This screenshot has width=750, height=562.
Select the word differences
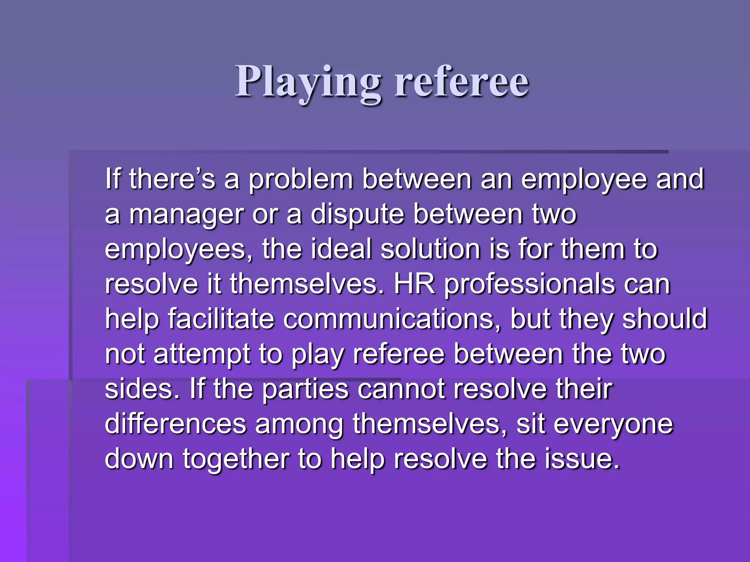point(175,424)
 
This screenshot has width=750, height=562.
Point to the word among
point(299,425)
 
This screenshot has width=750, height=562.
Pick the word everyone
point(613,425)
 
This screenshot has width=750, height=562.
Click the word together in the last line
point(236,460)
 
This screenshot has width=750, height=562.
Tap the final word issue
point(582,459)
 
